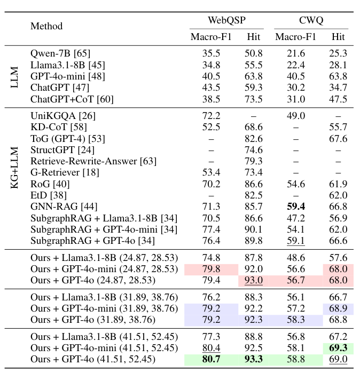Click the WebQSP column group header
tap(226, 21)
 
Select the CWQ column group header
tap(311, 21)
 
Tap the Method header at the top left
tap(46, 26)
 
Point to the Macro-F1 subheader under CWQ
tap(295, 37)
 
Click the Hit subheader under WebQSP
tap(253, 37)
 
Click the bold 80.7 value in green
tap(211, 360)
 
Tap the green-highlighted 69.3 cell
tap(338, 348)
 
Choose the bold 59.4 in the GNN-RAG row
tap(295, 206)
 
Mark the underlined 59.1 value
tap(295, 241)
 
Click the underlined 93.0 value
tap(253, 280)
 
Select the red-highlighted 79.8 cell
tap(211, 269)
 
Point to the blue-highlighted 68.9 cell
tap(338, 308)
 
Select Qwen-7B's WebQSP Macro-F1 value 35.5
tap(211, 53)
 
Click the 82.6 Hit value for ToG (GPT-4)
tap(253, 138)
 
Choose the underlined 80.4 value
tap(211, 348)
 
